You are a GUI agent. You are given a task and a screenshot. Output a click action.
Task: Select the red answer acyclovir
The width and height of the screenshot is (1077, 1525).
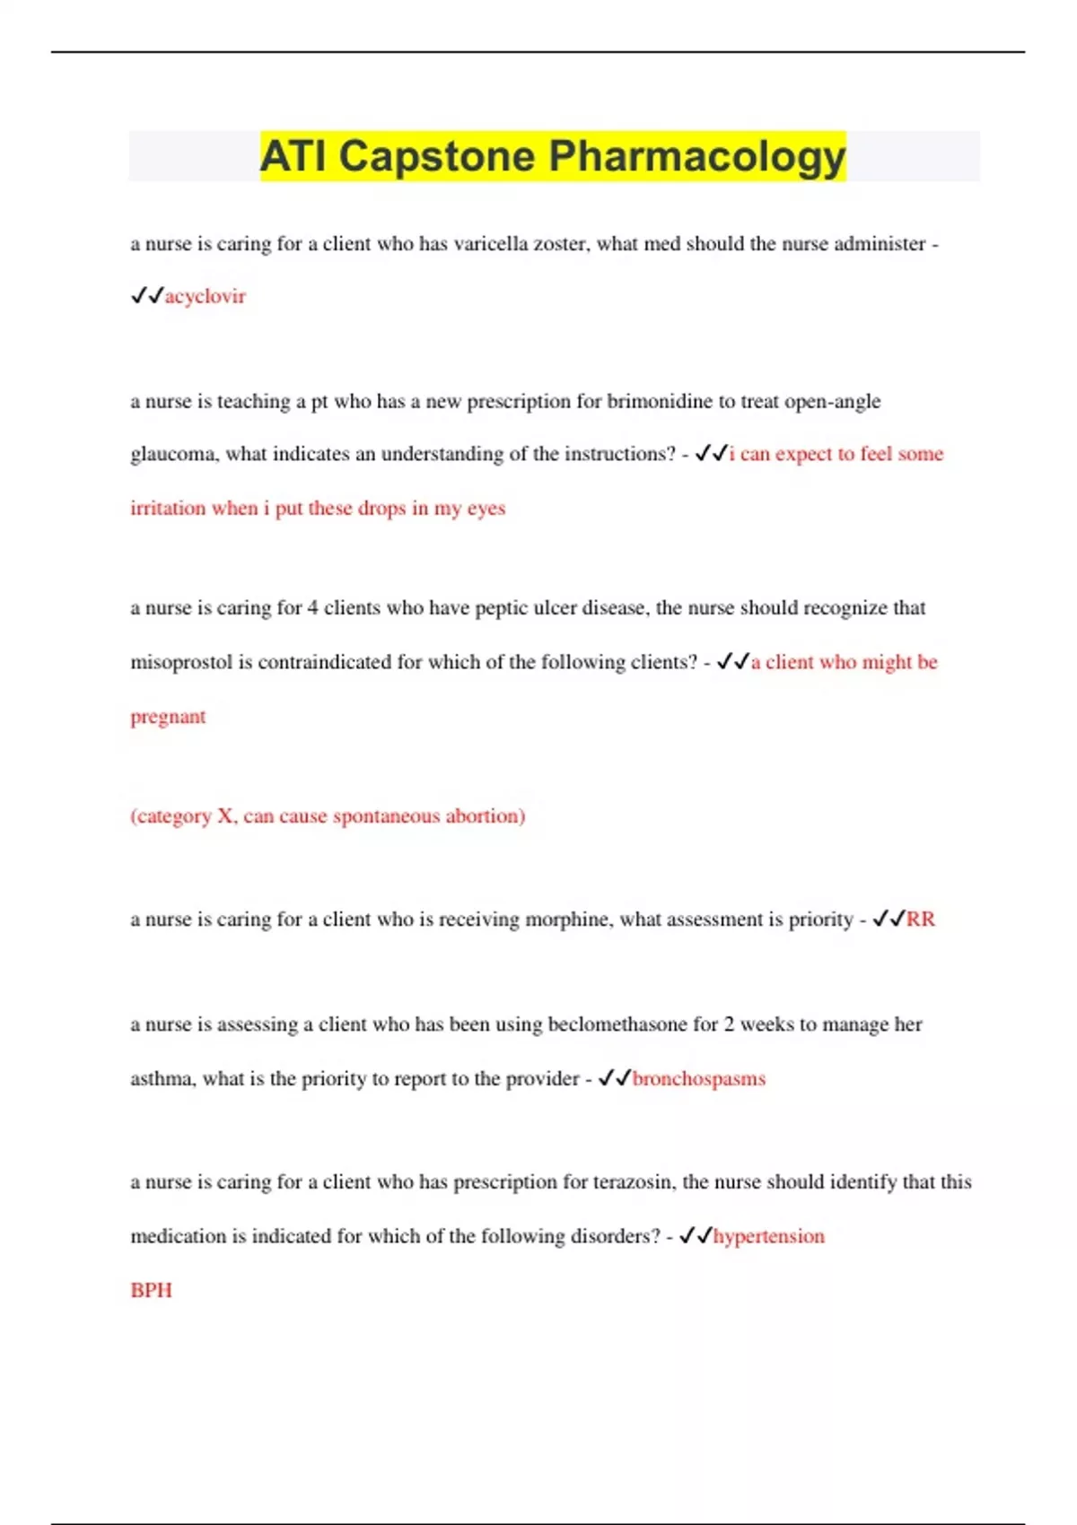(205, 297)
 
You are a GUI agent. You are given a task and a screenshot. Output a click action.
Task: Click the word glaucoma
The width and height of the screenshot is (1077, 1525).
(173, 455)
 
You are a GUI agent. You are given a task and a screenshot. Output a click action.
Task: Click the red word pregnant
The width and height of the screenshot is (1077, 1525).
(168, 717)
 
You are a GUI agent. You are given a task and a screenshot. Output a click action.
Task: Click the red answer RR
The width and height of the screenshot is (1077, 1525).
(921, 919)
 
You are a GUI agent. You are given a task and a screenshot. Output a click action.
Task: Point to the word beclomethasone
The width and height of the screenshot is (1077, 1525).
(617, 1024)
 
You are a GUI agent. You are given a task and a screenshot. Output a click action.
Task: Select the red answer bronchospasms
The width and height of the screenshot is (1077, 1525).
(699, 1079)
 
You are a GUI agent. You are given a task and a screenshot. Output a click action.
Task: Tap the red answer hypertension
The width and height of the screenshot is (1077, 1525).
(769, 1236)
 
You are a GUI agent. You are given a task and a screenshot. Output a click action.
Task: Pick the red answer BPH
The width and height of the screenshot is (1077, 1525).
(151, 1290)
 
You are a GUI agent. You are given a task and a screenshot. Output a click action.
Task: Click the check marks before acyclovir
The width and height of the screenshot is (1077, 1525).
(147, 296)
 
